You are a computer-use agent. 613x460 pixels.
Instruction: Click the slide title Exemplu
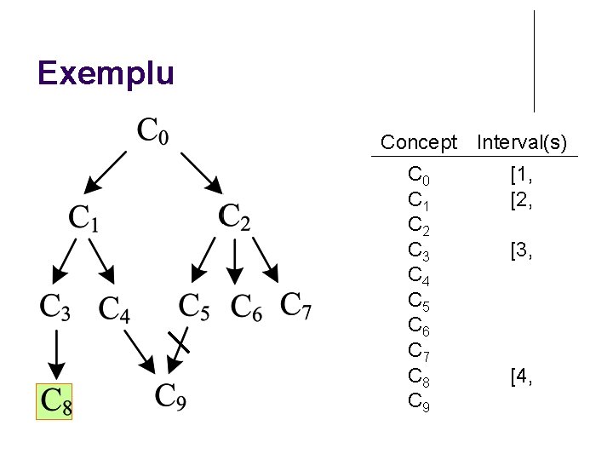(x=106, y=73)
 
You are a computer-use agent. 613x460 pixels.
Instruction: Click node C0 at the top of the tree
(x=154, y=132)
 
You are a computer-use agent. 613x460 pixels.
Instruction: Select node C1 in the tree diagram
(x=83, y=218)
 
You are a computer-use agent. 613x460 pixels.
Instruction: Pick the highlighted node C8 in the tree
(x=54, y=401)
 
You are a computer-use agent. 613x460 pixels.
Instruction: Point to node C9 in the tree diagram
(x=170, y=396)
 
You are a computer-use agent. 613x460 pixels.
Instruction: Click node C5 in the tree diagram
(x=194, y=306)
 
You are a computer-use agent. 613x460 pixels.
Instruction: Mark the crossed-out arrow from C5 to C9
(x=179, y=349)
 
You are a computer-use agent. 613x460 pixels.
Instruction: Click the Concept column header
(x=419, y=142)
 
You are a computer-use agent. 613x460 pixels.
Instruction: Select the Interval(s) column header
(x=522, y=142)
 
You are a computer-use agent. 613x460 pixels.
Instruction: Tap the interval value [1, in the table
(x=521, y=177)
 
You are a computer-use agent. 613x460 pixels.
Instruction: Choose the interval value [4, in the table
(x=521, y=377)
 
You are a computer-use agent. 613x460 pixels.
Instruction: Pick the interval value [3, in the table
(x=521, y=251)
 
